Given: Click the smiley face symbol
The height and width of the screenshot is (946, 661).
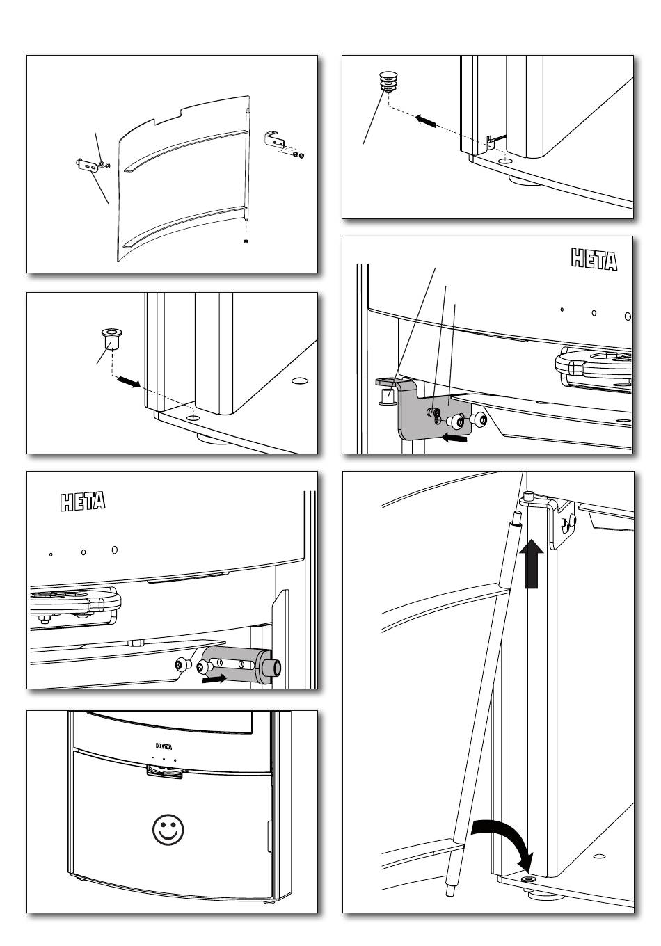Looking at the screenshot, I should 169,829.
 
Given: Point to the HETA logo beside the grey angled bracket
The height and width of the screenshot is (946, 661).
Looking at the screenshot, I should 594,260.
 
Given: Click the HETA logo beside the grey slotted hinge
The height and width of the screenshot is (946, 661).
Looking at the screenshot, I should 82,501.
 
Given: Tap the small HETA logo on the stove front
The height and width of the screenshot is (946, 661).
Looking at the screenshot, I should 164,745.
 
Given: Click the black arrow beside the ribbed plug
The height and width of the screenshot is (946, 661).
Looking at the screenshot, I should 426,121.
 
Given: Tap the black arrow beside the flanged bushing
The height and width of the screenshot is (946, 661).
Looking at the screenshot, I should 127,382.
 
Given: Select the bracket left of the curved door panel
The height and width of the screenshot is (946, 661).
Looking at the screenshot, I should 86,166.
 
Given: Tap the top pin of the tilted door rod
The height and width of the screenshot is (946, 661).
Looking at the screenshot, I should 517,518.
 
